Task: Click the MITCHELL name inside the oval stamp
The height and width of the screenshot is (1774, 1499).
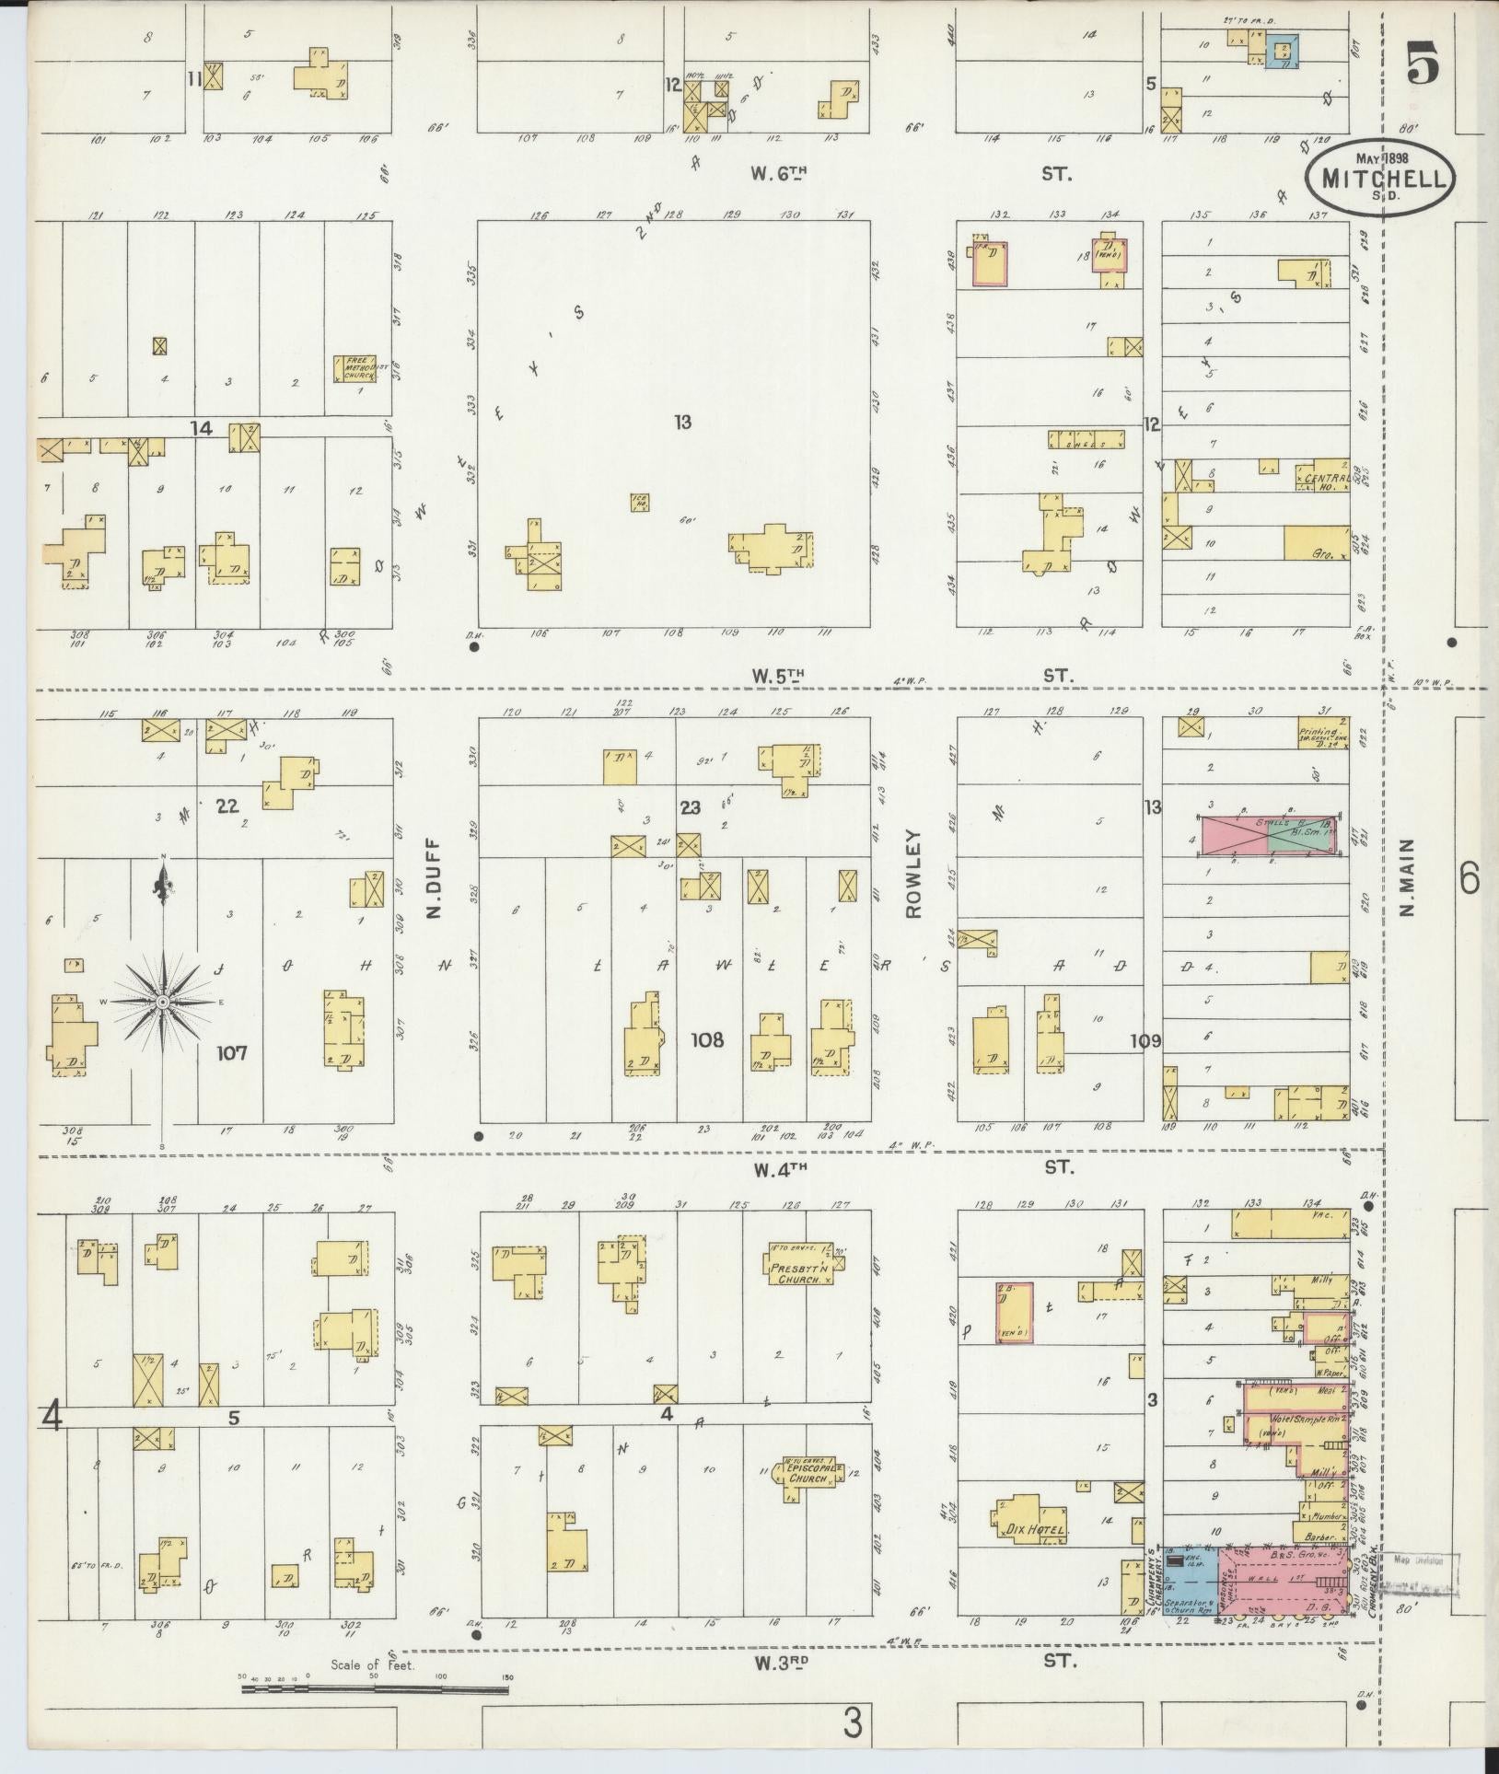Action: (x=1379, y=181)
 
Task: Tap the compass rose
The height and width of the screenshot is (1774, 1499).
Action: (x=163, y=1001)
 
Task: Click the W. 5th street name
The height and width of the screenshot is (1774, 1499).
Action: (x=778, y=676)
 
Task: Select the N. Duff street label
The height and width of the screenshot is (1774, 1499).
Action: (x=435, y=879)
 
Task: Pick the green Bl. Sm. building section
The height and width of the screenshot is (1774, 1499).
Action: (x=1300, y=838)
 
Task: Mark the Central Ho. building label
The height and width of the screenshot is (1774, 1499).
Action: (x=1326, y=480)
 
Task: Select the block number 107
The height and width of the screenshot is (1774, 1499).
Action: (x=232, y=1052)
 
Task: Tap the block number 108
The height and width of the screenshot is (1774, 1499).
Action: (x=707, y=1041)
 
